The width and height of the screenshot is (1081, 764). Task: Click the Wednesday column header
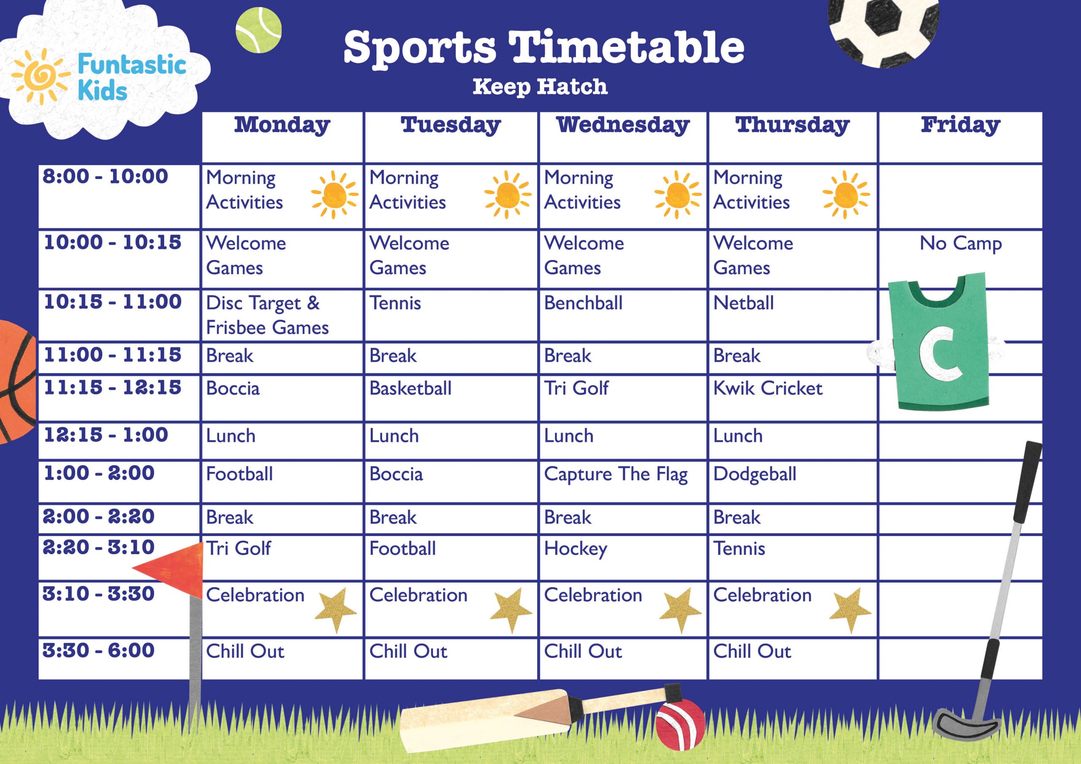[622, 125]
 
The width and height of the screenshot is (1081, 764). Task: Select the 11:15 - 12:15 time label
[112, 387]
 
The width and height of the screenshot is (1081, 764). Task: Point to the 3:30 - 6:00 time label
[98, 650]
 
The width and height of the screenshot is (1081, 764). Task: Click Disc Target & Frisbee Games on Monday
[267, 315]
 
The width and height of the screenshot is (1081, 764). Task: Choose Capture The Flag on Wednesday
[615, 474]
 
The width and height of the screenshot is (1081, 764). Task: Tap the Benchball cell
[583, 303]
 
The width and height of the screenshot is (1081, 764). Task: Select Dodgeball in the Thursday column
[754, 474]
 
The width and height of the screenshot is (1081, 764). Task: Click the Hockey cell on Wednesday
[576, 549]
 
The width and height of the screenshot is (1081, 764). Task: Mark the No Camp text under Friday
[961, 244]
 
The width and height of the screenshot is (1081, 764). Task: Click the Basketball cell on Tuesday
[410, 388]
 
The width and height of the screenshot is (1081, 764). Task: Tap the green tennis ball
[258, 30]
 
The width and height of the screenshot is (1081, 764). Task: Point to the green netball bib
[939, 344]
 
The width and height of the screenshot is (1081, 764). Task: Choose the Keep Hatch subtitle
[540, 87]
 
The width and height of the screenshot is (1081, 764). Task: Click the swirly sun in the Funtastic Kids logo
[40, 75]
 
